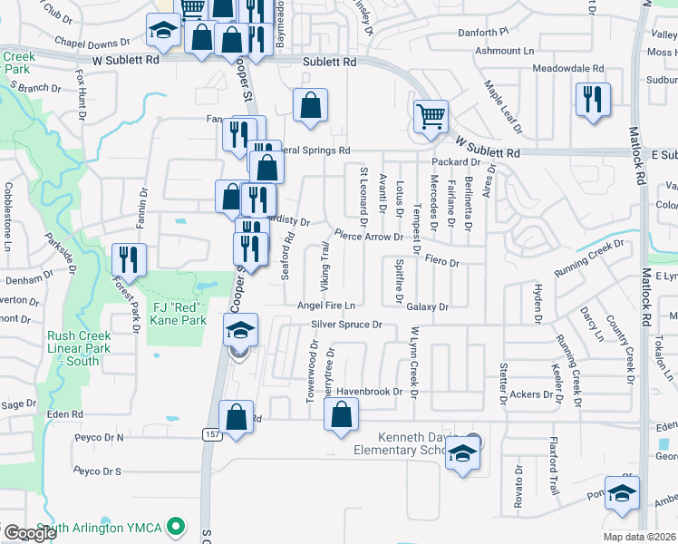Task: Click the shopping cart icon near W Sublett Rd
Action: [431, 116]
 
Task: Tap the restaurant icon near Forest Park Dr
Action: [129, 259]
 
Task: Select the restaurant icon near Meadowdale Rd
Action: [593, 99]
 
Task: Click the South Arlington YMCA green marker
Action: [179, 525]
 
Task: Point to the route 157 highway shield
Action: [208, 435]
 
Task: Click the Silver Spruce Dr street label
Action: [347, 324]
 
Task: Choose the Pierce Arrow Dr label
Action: [368, 236]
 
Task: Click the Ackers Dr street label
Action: [531, 394]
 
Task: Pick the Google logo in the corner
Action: [30, 533]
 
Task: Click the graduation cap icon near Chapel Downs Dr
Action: [163, 34]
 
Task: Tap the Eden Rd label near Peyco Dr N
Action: [64, 413]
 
